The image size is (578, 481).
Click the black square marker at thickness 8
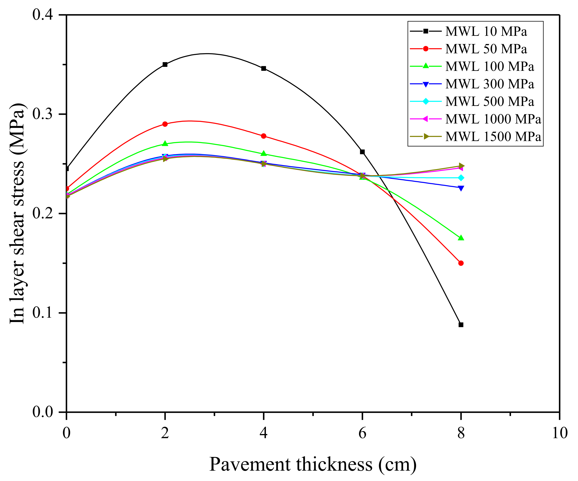(x=461, y=325)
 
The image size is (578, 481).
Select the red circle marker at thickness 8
(x=461, y=263)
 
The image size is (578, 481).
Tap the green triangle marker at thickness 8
(x=461, y=238)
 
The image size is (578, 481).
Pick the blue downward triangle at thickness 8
(x=461, y=188)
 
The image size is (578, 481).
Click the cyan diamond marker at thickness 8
(x=461, y=178)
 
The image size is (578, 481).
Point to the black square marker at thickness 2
(x=165, y=65)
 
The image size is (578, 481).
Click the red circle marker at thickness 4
(x=264, y=136)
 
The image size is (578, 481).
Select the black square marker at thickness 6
(x=362, y=152)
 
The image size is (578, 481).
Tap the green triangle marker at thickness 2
(x=165, y=144)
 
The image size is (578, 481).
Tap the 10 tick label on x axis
(x=559, y=433)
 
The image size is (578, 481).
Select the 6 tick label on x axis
(x=362, y=433)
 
